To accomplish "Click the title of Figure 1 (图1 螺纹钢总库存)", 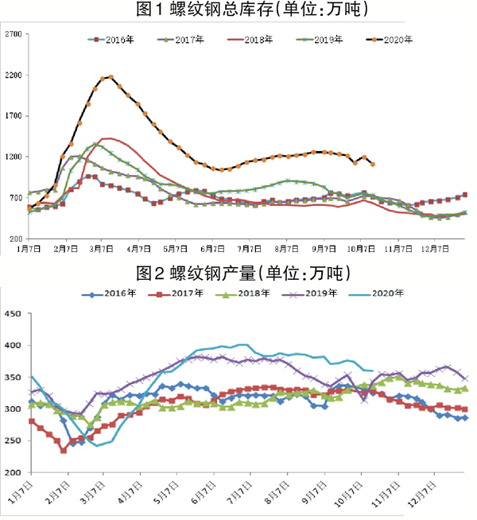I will [238, 10].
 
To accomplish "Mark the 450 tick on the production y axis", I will [14, 313].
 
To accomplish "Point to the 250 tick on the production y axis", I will [14, 440].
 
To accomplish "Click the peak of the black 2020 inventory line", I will [111, 76].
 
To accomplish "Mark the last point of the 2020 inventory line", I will [374, 164].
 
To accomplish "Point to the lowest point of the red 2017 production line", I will [64, 450].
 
